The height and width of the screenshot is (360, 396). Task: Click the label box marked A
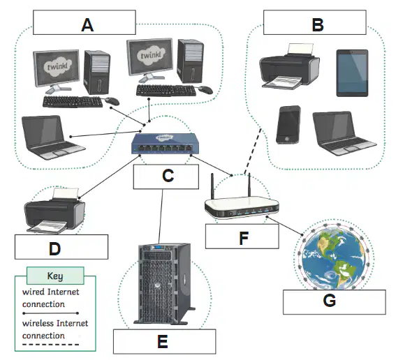click(85, 22)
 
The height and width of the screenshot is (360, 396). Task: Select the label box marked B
click(315, 22)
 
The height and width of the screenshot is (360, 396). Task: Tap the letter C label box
click(166, 177)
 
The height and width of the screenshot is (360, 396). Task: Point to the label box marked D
click(61, 247)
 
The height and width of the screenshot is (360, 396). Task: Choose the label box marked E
click(164, 342)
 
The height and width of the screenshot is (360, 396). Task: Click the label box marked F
click(242, 237)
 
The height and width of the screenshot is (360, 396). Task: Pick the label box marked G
click(335, 302)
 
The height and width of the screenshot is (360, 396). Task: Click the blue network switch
click(165, 144)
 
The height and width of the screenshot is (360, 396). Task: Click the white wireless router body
click(242, 207)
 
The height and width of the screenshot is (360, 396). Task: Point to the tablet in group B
click(352, 73)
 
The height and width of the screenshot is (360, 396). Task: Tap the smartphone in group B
click(288, 125)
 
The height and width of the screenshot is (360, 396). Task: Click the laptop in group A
click(52, 137)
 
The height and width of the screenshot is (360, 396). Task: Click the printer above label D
click(54, 211)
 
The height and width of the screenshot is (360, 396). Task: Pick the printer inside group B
click(289, 66)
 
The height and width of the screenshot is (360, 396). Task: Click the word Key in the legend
click(55, 276)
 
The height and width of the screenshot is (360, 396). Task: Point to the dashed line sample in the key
click(50, 345)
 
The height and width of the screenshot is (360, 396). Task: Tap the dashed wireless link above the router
click(253, 151)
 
